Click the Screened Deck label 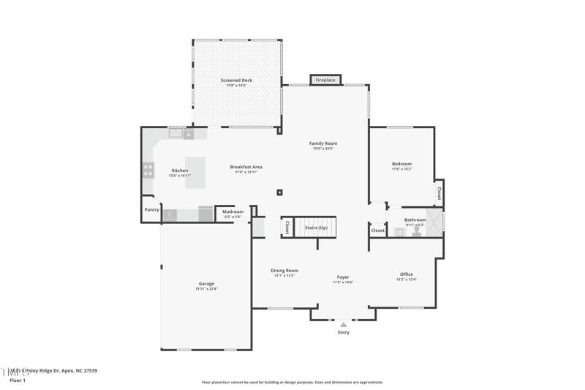coord(236,80)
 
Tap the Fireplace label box coord(325,80)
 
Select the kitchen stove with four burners coord(148,170)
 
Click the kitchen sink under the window coord(175,133)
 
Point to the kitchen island coord(195,173)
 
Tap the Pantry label coord(151,210)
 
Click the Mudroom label coord(233,212)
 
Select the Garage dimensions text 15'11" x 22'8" coord(206,289)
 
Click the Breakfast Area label coord(246,167)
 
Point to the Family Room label coord(323,143)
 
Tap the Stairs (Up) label coord(316,228)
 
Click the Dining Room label coord(284,270)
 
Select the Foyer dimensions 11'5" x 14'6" coord(343,282)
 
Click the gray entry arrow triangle coord(343,324)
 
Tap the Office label coord(406,274)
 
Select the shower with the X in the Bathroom coord(434,221)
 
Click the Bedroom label coord(401,164)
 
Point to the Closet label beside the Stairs coord(287,228)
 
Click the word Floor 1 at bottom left coord(18,380)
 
